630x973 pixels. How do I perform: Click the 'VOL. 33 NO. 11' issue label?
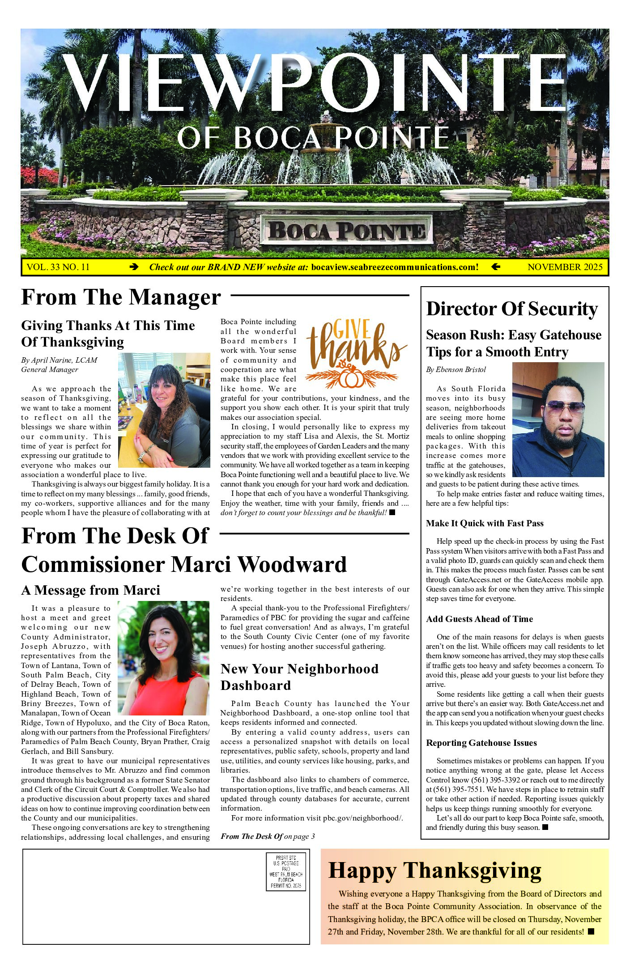coord(58,267)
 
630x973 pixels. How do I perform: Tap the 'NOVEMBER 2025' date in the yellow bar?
coord(565,267)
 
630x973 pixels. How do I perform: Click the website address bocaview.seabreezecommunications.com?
coord(395,267)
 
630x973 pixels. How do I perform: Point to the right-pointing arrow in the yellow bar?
coord(133,267)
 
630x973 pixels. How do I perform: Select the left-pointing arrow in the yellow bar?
coord(495,267)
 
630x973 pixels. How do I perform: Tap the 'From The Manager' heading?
coord(121,297)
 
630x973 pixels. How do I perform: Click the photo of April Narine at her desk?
coord(164,410)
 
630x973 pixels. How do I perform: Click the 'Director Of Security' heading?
coord(512,309)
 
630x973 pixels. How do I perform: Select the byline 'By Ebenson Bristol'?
coord(455,369)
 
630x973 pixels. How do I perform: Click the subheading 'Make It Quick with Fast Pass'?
coord(485,523)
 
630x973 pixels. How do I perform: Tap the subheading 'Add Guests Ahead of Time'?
coord(479,619)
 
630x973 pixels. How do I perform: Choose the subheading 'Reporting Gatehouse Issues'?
coord(481,743)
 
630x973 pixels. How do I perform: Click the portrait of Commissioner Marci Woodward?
coord(163,658)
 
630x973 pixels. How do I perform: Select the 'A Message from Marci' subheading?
coord(90,590)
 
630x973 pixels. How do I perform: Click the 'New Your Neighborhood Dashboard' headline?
coord(299,677)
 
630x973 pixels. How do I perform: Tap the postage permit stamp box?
coord(286,872)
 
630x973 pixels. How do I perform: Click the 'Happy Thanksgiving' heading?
coord(434,871)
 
